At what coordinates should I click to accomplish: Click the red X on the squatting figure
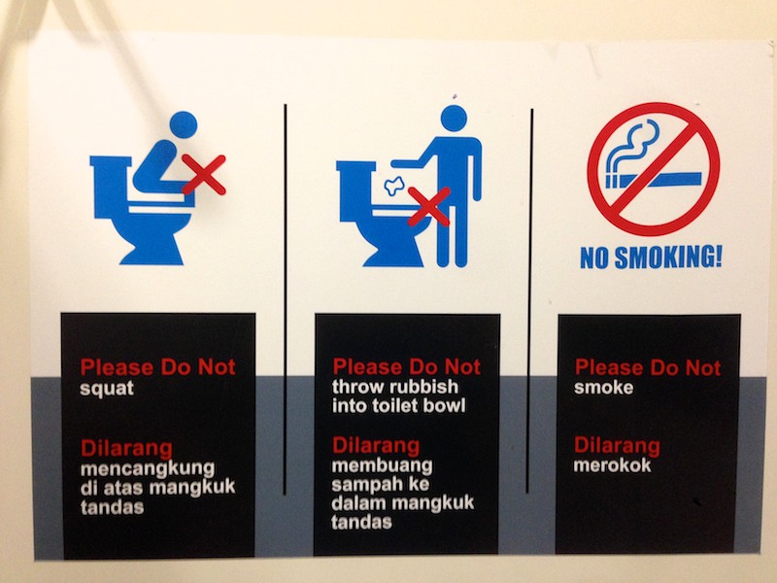click(x=205, y=175)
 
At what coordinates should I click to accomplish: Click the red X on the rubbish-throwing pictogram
click(x=428, y=207)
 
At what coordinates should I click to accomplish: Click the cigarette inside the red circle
click(x=653, y=181)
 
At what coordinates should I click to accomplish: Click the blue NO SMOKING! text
click(x=652, y=259)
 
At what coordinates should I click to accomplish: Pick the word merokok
click(x=613, y=464)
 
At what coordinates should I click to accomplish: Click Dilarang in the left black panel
click(x=126, y=448)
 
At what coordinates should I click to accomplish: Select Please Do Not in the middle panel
click(x=406, y=367)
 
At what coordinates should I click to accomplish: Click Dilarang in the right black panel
click(x=617, y=446)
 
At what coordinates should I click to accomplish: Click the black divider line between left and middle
click(x=286, y=291)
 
